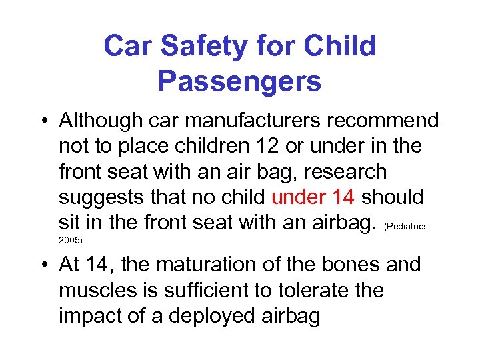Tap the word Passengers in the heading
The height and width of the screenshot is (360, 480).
tap(239, 81)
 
